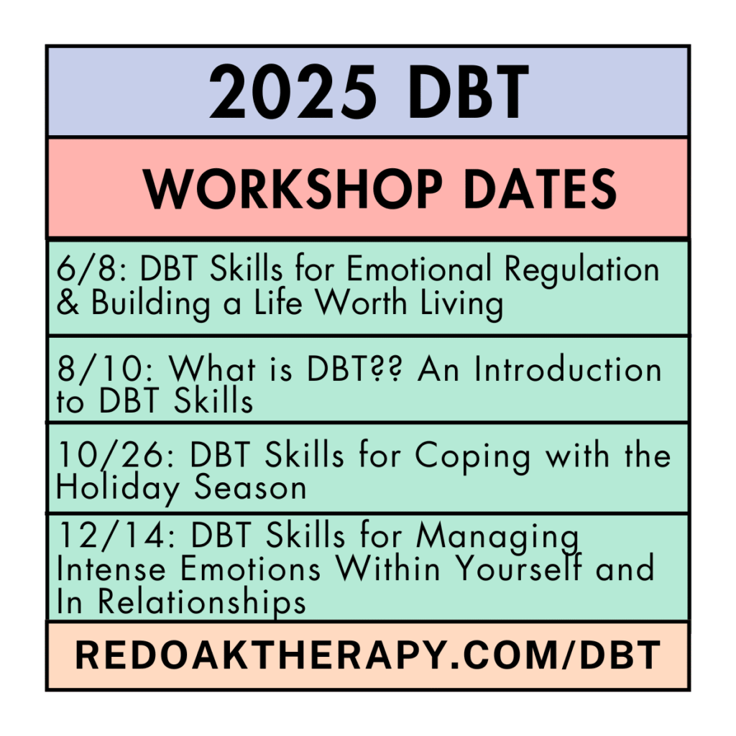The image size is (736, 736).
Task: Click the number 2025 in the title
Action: point(293,92)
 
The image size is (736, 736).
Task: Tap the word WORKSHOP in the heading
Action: point(293,188)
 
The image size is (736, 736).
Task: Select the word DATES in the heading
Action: point(540,188)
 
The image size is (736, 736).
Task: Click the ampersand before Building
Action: point(68,302)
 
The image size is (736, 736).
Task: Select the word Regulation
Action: point(581,271)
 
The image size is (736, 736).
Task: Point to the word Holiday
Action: point(117,489)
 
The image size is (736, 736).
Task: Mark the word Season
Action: point(250,487)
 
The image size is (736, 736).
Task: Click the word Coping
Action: point(472,456)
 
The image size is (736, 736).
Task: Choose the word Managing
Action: point(497,538)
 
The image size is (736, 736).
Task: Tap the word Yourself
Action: point(519,568)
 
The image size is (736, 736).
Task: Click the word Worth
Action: point(361,302)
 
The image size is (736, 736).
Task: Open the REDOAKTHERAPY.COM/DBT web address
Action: point(368,655)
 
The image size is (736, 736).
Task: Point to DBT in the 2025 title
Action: point(469,92)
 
